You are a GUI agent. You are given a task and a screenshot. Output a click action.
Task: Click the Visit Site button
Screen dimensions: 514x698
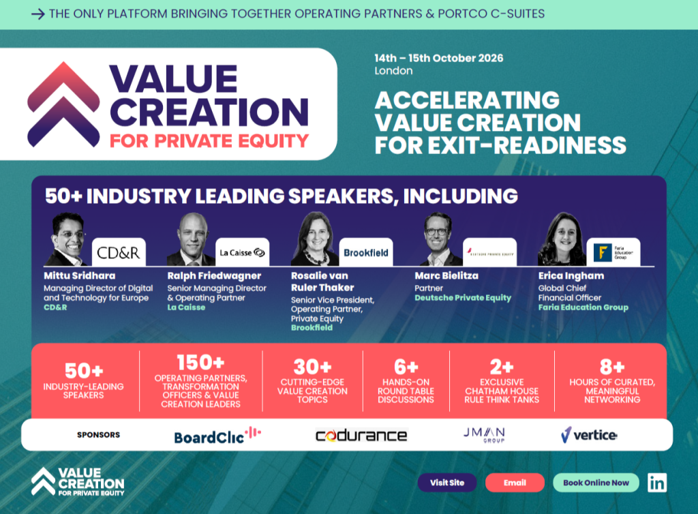point(447,483)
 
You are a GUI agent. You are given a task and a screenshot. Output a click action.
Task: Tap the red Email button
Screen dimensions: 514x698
point(515,483)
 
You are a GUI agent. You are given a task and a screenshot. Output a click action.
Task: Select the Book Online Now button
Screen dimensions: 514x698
point(596,483)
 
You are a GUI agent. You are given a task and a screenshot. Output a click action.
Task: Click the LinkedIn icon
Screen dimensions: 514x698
point(657,483)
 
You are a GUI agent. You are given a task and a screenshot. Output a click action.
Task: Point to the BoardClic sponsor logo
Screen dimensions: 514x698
point(217,435)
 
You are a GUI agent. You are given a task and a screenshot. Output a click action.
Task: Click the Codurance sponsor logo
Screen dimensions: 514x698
point(361,435)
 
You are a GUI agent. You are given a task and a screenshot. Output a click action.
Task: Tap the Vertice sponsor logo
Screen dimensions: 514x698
point(589,434)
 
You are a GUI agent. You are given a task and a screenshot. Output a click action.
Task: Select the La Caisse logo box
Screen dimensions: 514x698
point(242,252)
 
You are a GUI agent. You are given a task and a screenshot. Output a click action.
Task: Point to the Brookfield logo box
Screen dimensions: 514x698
point(366,252)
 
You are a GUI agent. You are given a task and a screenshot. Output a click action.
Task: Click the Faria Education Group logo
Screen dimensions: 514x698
point(613,252)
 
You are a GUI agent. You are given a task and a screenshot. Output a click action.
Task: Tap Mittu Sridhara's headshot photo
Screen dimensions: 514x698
point(67,240)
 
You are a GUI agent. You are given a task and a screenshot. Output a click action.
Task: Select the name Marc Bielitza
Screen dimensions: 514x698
point(446,276)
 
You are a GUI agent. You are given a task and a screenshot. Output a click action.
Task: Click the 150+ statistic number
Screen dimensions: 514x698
point(200,363)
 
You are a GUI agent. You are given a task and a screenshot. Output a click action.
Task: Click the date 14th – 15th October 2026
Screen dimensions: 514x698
point(439,58)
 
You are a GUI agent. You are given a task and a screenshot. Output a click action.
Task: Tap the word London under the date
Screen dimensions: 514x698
point(393,71)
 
